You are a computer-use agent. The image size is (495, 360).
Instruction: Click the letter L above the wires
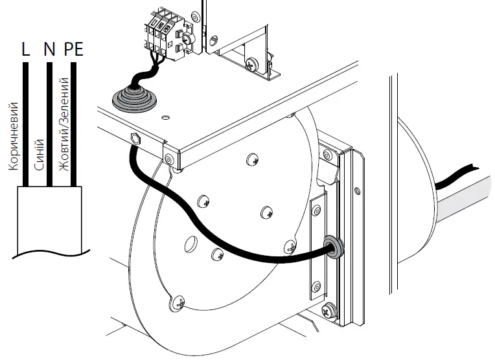26,50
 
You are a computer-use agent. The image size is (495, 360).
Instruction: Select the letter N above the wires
49,50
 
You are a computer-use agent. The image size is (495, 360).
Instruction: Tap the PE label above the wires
75,50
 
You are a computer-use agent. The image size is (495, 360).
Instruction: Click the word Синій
39,154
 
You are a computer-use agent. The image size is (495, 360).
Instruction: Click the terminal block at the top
166,36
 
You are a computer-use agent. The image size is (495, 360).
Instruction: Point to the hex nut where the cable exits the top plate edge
135,138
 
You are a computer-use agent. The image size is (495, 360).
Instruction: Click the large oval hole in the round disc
192,245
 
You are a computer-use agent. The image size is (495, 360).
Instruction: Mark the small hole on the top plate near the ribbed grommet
166,117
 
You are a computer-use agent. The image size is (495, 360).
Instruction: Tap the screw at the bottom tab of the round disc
179,300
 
